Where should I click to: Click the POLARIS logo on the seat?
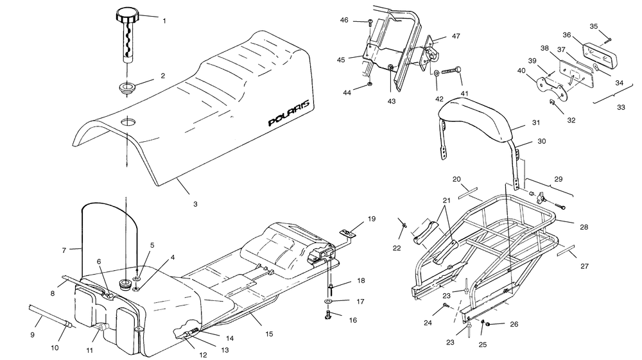point(288,114)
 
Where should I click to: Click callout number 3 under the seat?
point(195,204)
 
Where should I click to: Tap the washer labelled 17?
point(329,301)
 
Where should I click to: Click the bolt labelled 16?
point(328,314)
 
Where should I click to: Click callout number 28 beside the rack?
point(584,227)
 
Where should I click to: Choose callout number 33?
point(620,107)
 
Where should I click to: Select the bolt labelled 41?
point(454,71)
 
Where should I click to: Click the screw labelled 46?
point(371,23)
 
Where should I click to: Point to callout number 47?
point(456,37)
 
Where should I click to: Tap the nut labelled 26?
point(488,325)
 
